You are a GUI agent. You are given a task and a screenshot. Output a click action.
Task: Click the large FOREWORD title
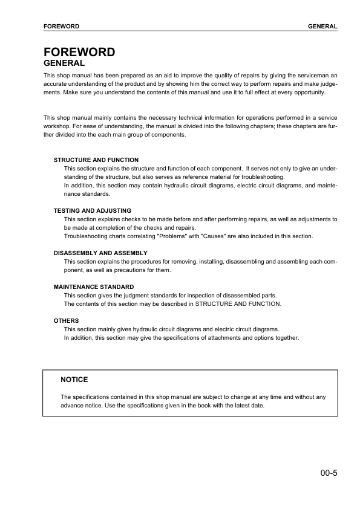79,52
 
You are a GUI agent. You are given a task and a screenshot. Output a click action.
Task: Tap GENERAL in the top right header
322,27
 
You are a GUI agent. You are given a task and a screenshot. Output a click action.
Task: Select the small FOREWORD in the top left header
62,27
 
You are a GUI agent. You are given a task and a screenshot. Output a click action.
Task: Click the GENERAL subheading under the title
64,63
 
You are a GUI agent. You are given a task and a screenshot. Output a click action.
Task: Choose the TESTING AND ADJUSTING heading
92,210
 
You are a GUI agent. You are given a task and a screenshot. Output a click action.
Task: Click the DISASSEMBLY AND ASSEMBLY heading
100,253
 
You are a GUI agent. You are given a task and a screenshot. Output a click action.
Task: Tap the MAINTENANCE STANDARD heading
94,287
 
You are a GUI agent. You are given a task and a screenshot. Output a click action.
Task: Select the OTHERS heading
66,320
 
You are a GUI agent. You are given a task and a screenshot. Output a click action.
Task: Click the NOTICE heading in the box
74,380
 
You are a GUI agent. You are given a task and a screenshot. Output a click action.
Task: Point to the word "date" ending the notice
257,405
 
